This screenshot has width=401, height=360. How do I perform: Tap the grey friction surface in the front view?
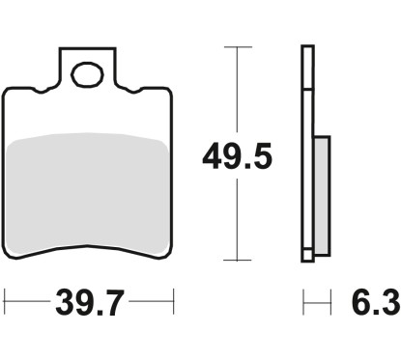coord(89,193)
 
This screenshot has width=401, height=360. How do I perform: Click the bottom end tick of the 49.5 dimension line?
coord(235,260)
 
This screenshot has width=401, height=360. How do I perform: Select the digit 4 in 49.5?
coord(213,153)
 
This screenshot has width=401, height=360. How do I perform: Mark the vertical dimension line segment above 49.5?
coord(235,92)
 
